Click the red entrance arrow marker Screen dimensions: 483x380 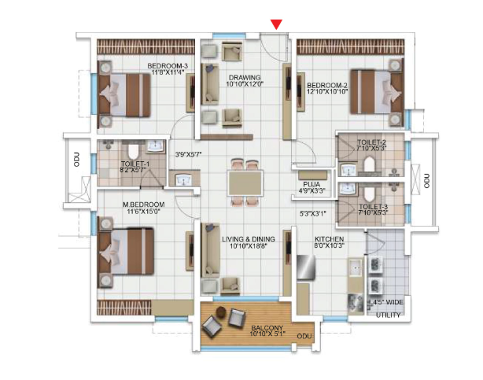pyautogui.click(x=276, y=24)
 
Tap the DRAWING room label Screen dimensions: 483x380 pyautogui.click(x=245, y=77)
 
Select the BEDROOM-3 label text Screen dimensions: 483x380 pyautogui.click(x=168, y=66)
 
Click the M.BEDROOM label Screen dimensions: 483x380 pyautogui.click(x=143, y=205)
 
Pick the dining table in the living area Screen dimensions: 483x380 pyautogui.click(x=245, y=183)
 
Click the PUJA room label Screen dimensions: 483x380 pyautogui.click(x=312, y=185)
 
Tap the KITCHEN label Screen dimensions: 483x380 pyautogui.click(x=330, y=239)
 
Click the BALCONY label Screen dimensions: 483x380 pyautogui.click(x=267, y=328)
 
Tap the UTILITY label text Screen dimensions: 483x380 pyautogui.click(x=388, y=315)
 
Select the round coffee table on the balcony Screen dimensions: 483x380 pyautogui.click(x=221, y=312)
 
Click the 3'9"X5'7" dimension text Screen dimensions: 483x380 pyautogui.click(x=188, y=154)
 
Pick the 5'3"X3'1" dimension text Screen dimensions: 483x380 pyautogui.click(x=313, y=213)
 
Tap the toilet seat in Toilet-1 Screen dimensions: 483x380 pyautogui.click(x=133, y=150)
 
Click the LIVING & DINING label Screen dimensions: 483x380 pyautogui.click(x=249, y=239)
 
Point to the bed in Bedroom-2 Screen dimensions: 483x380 pyautogui.click(x=377, y=91)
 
